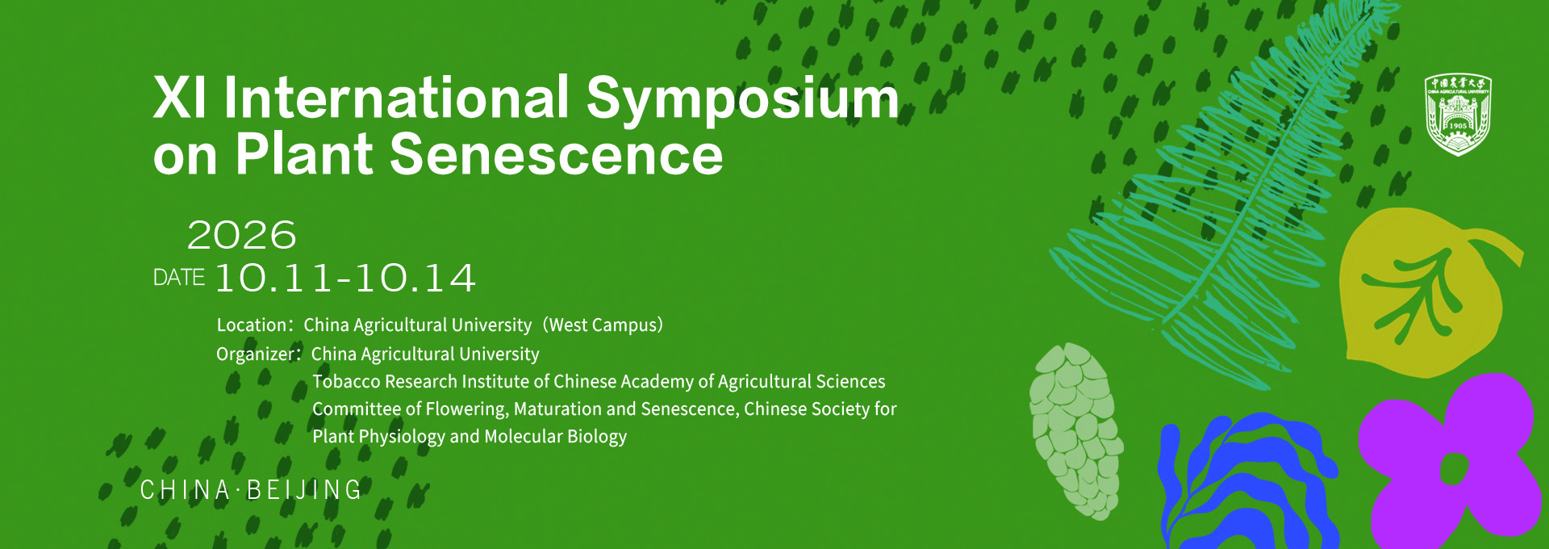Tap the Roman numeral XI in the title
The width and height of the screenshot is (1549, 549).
pos(180,98)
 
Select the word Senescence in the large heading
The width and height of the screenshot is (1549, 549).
pos(557,154)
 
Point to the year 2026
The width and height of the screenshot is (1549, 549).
pos(242,235)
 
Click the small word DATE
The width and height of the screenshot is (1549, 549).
pos(179,278)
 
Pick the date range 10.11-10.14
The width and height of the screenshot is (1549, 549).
pos(345,279)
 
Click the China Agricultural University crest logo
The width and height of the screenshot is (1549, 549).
pos(1458,115)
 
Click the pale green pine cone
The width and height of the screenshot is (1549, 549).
pos(1075,431)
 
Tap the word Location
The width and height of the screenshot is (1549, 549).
pos(252,325)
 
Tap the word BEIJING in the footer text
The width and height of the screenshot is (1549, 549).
pos(304,490)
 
